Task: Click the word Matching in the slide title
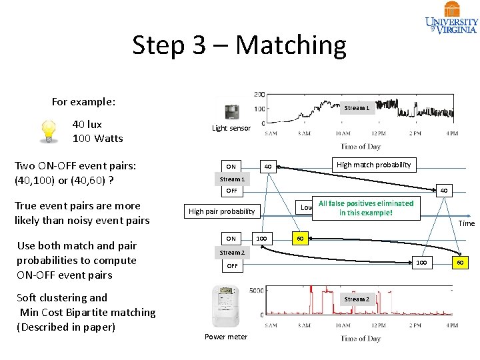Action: (x=291, y=45)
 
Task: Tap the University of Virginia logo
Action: (x=451, y=17)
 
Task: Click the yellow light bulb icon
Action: (x=48, y=131)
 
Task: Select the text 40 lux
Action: (x=87, y=124)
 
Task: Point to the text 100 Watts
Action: (x=97, y=139)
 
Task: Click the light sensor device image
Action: (x=232, y=112)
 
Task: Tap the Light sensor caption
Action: (x=231, y=128)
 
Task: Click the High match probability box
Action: (x=374, y=165)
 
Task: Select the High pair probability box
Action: (x=222, y=211)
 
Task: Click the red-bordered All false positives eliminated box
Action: (x=366, y=208)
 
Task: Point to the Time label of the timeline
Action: (x=467, y=223)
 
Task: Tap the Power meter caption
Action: (x=226, y=337)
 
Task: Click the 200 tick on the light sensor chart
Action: (x=259, y=95)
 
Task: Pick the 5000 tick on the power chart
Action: (x=256, y=290)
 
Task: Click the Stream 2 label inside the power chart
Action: (x=356, y=299)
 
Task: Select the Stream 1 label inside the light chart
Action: (x=356, y=108)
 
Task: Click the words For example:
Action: (x=83, y=102)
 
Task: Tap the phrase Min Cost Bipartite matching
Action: (x=87, y=312)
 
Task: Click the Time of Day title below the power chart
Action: (x=361, y=338)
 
